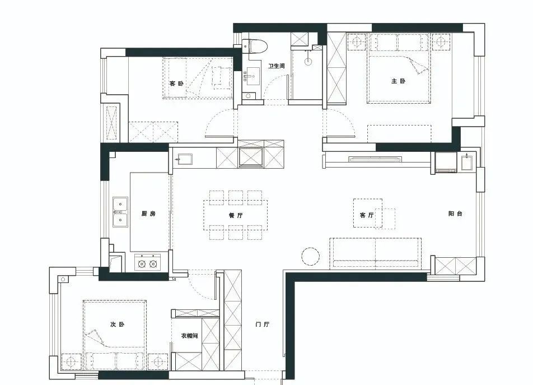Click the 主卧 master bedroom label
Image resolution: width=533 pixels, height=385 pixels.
[x=399, y=81]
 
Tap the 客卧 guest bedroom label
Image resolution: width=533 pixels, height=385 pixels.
[x=176, y=84]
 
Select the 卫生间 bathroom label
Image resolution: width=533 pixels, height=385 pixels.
[x=276, y=66]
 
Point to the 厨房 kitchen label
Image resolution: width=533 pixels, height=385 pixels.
[x=148, y=214]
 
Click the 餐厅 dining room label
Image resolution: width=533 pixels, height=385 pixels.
[x=236, y=215]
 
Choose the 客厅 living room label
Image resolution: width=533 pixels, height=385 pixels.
[x=367, y=215]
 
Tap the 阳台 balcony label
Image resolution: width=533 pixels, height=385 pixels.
[x=455, y=214]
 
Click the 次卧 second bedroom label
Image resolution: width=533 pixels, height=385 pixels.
[x=117, y=324]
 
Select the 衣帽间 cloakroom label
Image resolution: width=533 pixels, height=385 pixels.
[x=189, y=336]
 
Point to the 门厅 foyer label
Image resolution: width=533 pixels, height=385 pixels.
[x=263, y=324]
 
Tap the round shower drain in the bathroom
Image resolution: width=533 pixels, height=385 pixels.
[x=308, y=62]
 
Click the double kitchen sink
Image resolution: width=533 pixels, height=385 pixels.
[x=120, y=212]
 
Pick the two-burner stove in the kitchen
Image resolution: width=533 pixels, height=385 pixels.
[x=148, y=263]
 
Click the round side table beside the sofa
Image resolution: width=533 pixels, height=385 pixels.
[x=310, y=256]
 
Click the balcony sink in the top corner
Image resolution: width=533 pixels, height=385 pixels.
[x=467, y=161]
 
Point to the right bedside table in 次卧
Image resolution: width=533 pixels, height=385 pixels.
[x=158, y=361]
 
